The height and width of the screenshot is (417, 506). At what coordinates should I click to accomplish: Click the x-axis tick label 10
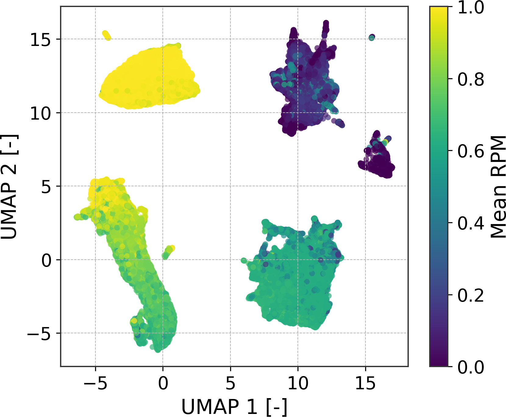pyautogui.click(x=298, y=384)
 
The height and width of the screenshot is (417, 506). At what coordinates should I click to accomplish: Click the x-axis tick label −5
pyautogui.click(x=95, y=384)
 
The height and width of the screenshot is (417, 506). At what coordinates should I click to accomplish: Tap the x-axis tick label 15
pyautogui.click(x=365, y=384)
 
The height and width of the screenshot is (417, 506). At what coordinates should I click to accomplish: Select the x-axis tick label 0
pyautogui.click(x=163, y=384)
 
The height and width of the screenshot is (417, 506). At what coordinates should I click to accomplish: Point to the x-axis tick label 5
pyautogui.click(x=230, y=384)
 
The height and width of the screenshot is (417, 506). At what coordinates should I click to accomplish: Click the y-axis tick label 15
pyautogui.click(x=40, y=40)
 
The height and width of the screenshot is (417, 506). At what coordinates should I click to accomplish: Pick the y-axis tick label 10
pyautogui.click(x=40, y=113)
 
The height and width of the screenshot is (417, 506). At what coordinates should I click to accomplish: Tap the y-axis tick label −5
pyautogui.click(x=39, y=334)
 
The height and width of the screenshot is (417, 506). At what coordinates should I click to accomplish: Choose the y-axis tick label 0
pyautogui.click(x=47, y=260)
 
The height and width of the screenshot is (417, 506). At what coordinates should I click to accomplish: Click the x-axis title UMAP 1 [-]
pyautogui.click(x=234, y=406)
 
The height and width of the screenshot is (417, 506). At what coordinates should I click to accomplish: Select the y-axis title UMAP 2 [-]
pyautogui.click(x=9, y=187)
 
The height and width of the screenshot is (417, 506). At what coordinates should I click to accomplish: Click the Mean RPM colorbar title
pyautogui.click(x=498, y=187)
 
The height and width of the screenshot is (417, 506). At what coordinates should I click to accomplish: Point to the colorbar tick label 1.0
pyautogui.click(x=471, y=7)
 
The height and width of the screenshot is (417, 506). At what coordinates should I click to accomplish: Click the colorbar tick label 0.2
pyautogui.click(x=471, y=295)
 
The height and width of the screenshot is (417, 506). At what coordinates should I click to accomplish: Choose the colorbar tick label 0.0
pyautogui.click(x=471, y=366)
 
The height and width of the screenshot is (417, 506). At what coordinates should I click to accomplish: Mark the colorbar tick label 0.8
pyautogui.click(x=471, y=79)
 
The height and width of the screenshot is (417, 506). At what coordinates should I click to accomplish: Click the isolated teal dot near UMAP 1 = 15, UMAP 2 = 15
pyautogui.click(x=372, y=37)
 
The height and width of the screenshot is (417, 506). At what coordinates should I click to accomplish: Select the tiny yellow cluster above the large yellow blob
pyautogui.click(x=107, y=35)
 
